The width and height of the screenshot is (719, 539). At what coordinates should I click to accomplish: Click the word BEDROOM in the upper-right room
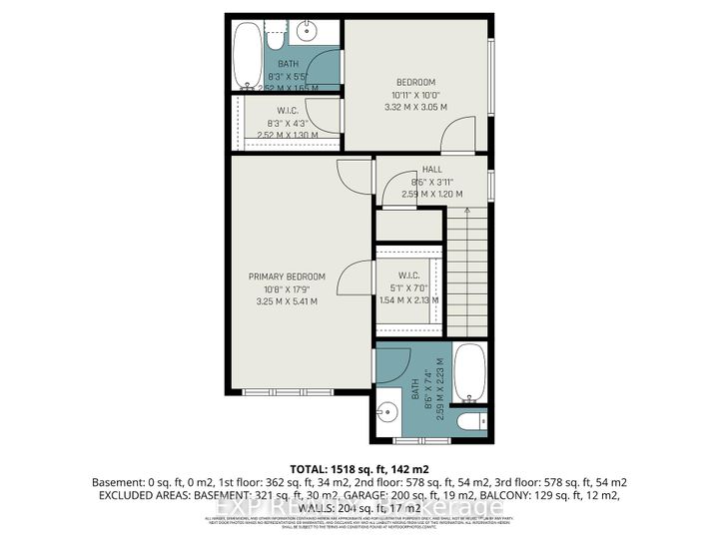[414, 83]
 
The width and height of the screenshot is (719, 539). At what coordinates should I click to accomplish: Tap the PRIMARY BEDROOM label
[288, 276]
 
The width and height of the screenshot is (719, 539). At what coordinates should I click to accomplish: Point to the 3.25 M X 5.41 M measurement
[288, 300]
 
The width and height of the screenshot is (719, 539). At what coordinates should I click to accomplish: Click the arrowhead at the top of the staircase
[466, 210]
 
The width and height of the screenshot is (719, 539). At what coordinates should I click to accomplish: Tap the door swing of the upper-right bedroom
[459, 130]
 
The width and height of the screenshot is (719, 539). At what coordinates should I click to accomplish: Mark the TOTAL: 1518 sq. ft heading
[359, 467]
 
